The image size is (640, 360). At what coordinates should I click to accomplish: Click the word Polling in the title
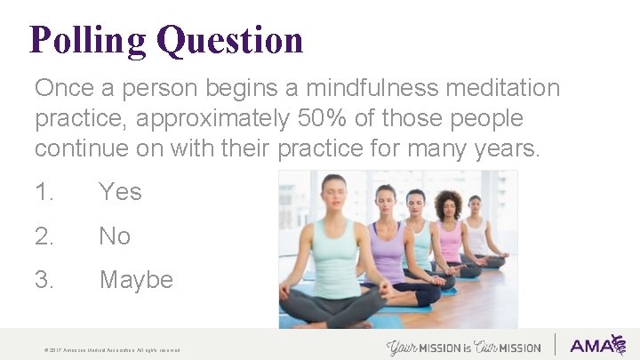(87, 41)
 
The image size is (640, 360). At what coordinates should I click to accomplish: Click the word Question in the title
(229, 41)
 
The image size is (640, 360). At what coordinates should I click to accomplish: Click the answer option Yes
(120, 191)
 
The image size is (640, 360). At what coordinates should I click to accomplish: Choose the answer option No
(115, 236)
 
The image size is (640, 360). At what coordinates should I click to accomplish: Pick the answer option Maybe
(136, 280)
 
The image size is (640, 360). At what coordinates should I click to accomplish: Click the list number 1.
(44, 191)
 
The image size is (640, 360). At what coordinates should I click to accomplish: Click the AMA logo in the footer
(597, 345)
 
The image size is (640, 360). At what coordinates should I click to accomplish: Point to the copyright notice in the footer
(112, 350)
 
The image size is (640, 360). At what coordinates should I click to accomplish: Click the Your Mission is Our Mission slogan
(464, 346)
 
